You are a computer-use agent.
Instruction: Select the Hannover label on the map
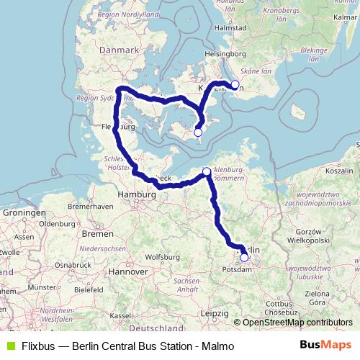(128, 271)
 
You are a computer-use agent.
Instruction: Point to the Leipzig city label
(215, 314)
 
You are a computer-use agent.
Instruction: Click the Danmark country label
(119, 50)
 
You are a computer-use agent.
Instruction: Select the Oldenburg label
(58, 223)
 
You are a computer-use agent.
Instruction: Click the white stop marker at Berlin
(244, 257)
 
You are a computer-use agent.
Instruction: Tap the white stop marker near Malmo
(235, 84)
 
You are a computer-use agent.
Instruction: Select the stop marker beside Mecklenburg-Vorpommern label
(207, 171)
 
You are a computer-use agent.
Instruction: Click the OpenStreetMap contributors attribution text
(297, 322)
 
